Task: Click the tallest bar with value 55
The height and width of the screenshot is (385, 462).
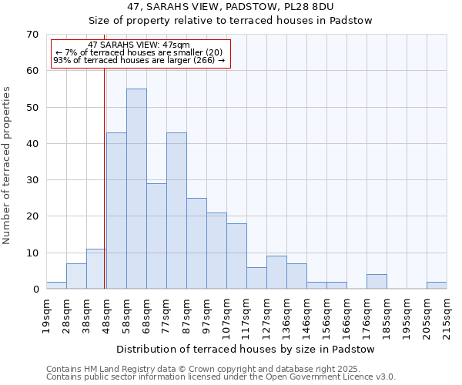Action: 136,189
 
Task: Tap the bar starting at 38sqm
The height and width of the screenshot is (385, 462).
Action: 96,269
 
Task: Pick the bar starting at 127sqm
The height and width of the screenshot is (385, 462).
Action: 276,273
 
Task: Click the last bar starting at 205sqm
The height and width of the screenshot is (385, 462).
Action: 437,286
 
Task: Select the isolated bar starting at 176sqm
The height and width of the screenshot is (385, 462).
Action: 377,282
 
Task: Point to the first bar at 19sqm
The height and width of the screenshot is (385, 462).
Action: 56,286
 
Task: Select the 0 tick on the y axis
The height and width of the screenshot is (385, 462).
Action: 35,290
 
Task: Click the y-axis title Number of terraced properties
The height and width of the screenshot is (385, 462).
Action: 7,166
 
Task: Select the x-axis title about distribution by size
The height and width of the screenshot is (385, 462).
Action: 246,349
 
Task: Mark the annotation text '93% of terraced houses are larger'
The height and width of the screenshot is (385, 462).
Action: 139,60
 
